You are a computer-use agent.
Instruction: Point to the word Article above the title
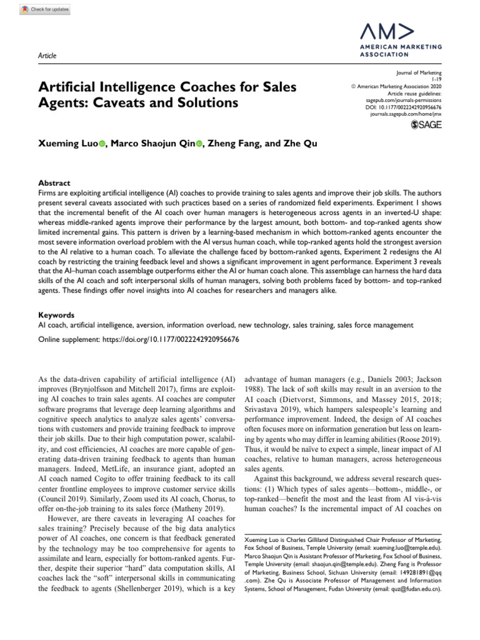tap(47, 56)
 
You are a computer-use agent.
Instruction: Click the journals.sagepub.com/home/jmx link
tap(406, 115)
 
